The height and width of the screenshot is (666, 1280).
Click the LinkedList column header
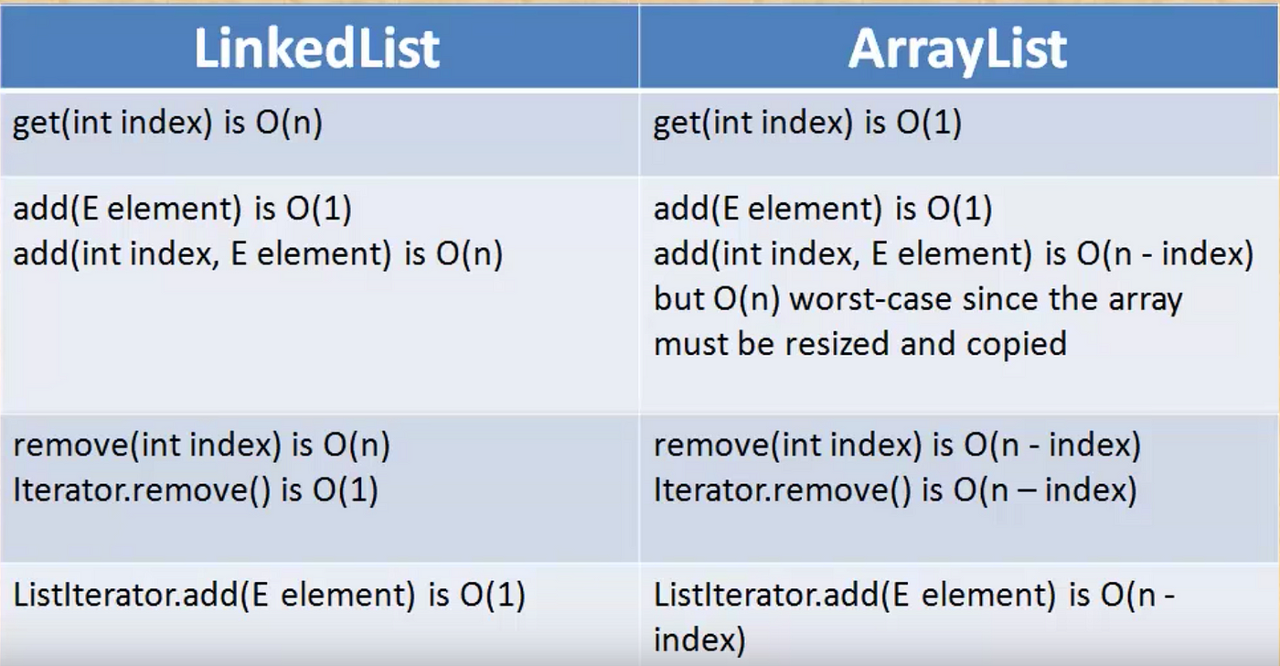[x=317, y=48]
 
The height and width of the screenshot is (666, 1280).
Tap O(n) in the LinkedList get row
[x=289, y=123]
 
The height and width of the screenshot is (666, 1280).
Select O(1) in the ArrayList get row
[x=929, y=123]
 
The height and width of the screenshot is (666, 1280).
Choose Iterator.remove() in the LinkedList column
[x=141, y=490]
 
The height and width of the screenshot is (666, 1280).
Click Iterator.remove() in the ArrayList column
[x=782, y=490]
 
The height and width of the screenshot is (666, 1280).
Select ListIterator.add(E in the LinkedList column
[x=141, y=596]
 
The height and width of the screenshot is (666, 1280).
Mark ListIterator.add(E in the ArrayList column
[x=782, y=596]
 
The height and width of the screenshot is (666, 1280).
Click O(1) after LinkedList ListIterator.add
[x=493, y=596]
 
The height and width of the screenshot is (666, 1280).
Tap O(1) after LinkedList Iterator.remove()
[x=346, y=490]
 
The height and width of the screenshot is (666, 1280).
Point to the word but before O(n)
[x=678, y=299]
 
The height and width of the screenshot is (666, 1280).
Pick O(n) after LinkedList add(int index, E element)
[x=469, y=253]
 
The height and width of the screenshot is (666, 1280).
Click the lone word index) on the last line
[x=699, y=639]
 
